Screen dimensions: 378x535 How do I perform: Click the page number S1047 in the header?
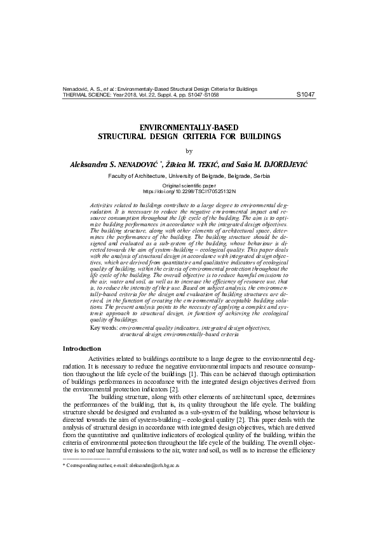[x=306, y=95]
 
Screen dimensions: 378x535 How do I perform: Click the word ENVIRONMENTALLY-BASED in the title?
[x=189, y=127]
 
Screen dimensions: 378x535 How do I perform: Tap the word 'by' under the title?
[x=188, y=150]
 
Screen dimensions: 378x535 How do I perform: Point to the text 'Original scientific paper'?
[x=189, y=184]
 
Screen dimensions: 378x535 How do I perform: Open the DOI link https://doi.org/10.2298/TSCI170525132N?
[x=189, y=190]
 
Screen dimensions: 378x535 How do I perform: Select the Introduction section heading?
[x=81, y=348]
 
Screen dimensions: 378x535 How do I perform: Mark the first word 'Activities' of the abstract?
[x=104, y=207]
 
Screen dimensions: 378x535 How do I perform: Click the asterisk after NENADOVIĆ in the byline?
[x=163, y=161]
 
